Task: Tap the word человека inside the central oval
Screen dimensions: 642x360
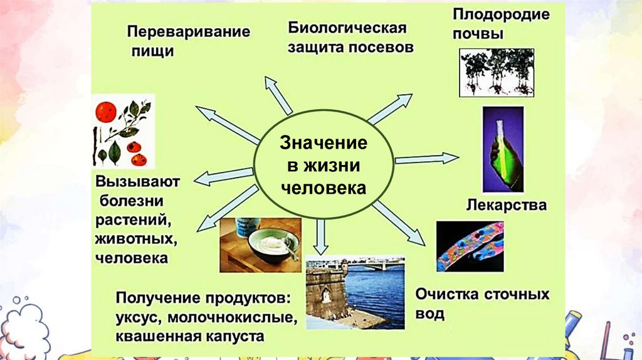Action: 323,188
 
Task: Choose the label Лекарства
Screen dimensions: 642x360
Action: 507,205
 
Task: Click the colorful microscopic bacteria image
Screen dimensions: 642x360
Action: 470,245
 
